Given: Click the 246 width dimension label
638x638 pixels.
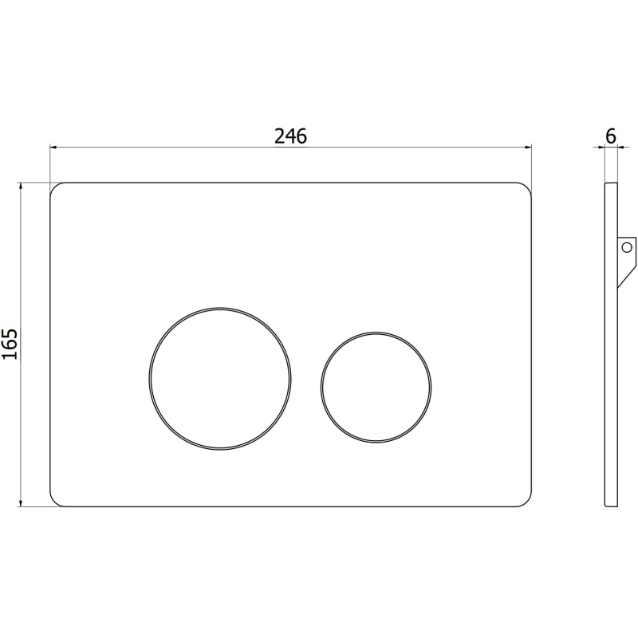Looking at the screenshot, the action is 290,136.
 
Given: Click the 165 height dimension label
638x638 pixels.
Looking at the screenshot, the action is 10,344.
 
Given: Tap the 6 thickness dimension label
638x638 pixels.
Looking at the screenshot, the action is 611,136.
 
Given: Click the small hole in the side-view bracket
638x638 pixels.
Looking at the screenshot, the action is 627,246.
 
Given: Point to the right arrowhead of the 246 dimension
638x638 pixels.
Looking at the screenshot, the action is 528,147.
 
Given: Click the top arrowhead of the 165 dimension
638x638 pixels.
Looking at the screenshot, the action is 20,187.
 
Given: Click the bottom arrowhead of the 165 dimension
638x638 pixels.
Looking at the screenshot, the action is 20,503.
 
